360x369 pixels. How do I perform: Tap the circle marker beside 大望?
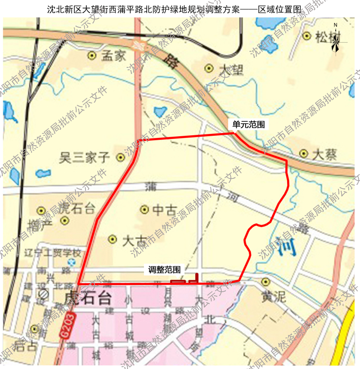(209, 68)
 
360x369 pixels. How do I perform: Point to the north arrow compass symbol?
(335, 39)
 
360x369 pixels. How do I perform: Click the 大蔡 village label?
(324, 155)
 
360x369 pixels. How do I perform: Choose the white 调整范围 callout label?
(165, 270)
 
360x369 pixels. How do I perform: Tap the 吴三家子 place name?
(85, 157)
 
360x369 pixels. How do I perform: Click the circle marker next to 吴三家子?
(120, 157)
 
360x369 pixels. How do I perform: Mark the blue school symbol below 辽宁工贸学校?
(71, 262)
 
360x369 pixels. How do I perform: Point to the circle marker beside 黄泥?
(265, 282)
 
